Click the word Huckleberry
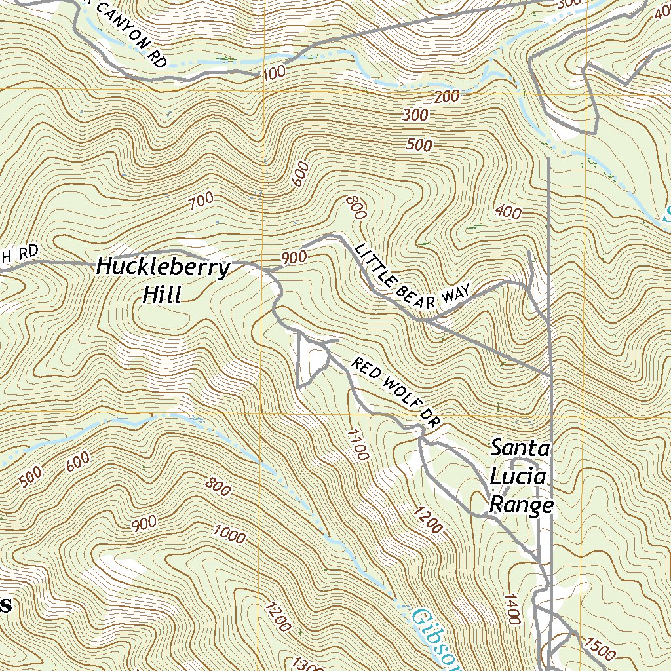tap(163, 268)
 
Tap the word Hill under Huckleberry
tap(161, 295)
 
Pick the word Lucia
tap(518, 477)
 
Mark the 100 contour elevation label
tap(275, 72)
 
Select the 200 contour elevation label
tap(446, 97)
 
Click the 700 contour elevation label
tap(201, 202)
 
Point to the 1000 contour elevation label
tap(229, 535)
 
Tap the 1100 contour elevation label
tap(355, 445)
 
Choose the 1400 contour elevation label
tap(512, 609)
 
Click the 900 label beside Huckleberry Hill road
tap(294, 258)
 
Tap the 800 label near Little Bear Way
tap(354, 207)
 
